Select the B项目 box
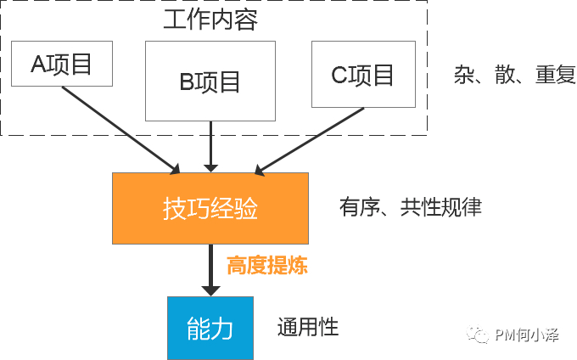pyautogui.click(x=210, y=80)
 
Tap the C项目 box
pyautogui.click(x=362, y=75)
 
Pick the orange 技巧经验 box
pyautogui.click(x=210, y=207)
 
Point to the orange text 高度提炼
pyautogui.click(x=266, y=266)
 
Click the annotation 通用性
pyautogui.click(x=307, y=327)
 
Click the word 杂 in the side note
pyautogui.click(x=463, y=75)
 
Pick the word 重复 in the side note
pyautogui.click(x=555, y=75)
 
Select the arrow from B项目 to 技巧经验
pyautogui.click(x=210, y=146)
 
